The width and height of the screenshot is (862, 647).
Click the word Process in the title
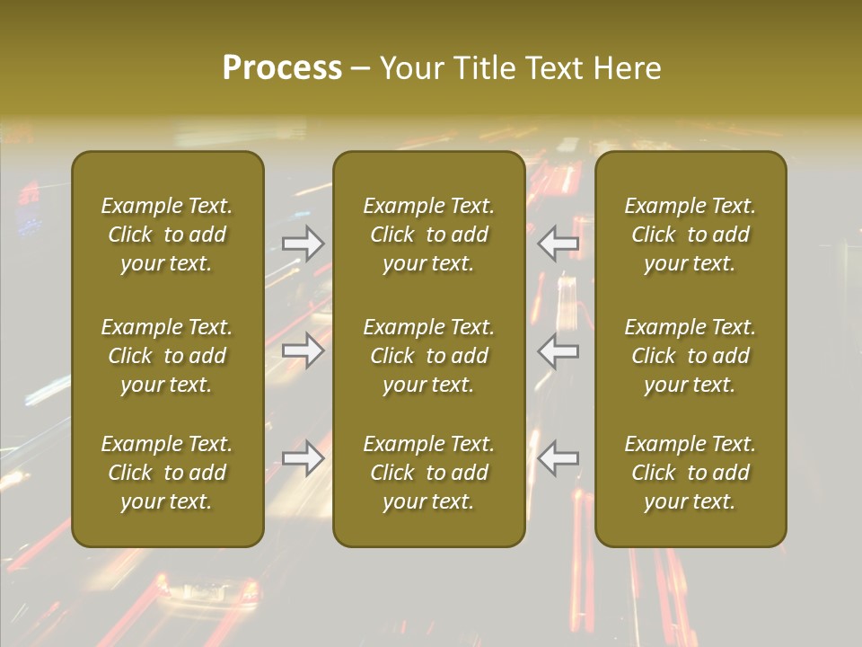point(282,68)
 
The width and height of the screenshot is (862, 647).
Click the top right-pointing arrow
point(303,243)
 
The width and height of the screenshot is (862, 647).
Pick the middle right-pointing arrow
point(303,350)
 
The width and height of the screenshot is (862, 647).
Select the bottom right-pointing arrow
point(303,458)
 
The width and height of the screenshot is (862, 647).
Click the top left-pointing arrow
point(559,243)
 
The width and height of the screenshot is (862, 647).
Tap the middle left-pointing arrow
point(559,350)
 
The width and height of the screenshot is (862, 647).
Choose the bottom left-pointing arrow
point(559,458)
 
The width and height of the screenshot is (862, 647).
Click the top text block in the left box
point(167,235)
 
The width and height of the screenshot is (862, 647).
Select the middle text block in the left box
point(167,356)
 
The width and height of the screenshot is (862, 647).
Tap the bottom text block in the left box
point(167,473)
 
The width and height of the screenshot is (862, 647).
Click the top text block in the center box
point(429,235)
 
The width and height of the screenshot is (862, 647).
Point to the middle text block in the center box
point(429,356)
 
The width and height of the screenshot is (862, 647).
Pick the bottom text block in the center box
point(429,473)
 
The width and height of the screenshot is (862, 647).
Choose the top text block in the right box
point(690,235)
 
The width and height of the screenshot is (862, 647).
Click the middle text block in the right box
point(690,356)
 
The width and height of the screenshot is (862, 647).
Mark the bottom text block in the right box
point(690,473)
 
